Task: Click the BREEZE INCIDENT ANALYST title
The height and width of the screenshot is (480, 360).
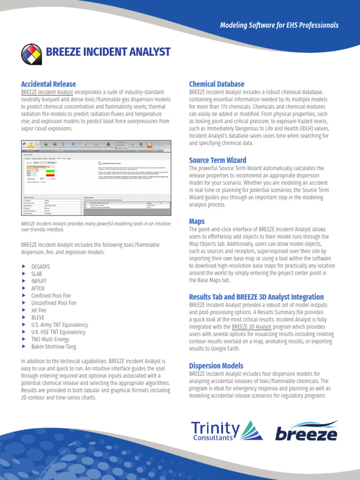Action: [107, 52]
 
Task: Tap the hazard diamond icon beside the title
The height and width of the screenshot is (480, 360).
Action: [31, 53]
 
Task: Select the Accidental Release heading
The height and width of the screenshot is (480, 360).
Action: [48, 84]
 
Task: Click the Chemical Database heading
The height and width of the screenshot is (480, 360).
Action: [217, 84]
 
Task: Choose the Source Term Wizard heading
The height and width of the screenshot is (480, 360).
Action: [217, 160]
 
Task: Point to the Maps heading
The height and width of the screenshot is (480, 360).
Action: [197, 221]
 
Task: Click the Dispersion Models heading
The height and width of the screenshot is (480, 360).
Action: [216, 365]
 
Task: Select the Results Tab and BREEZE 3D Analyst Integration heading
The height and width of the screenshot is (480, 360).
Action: [256, 297]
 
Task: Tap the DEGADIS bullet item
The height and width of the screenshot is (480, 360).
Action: [40, 266]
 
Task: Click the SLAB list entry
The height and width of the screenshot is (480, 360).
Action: [37, 274]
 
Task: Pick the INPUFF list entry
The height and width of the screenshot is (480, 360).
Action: [39, 281]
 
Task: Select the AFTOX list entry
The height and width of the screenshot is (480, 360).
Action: [38, 288]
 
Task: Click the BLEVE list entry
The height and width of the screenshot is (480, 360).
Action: [38, 317]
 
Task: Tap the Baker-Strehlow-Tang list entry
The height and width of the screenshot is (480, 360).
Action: [53, 346]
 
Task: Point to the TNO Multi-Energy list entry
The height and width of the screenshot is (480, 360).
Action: [50, 339]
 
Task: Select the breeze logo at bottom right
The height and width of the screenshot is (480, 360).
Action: [305, 431]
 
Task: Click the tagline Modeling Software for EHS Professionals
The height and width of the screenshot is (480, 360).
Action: [279, 25]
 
